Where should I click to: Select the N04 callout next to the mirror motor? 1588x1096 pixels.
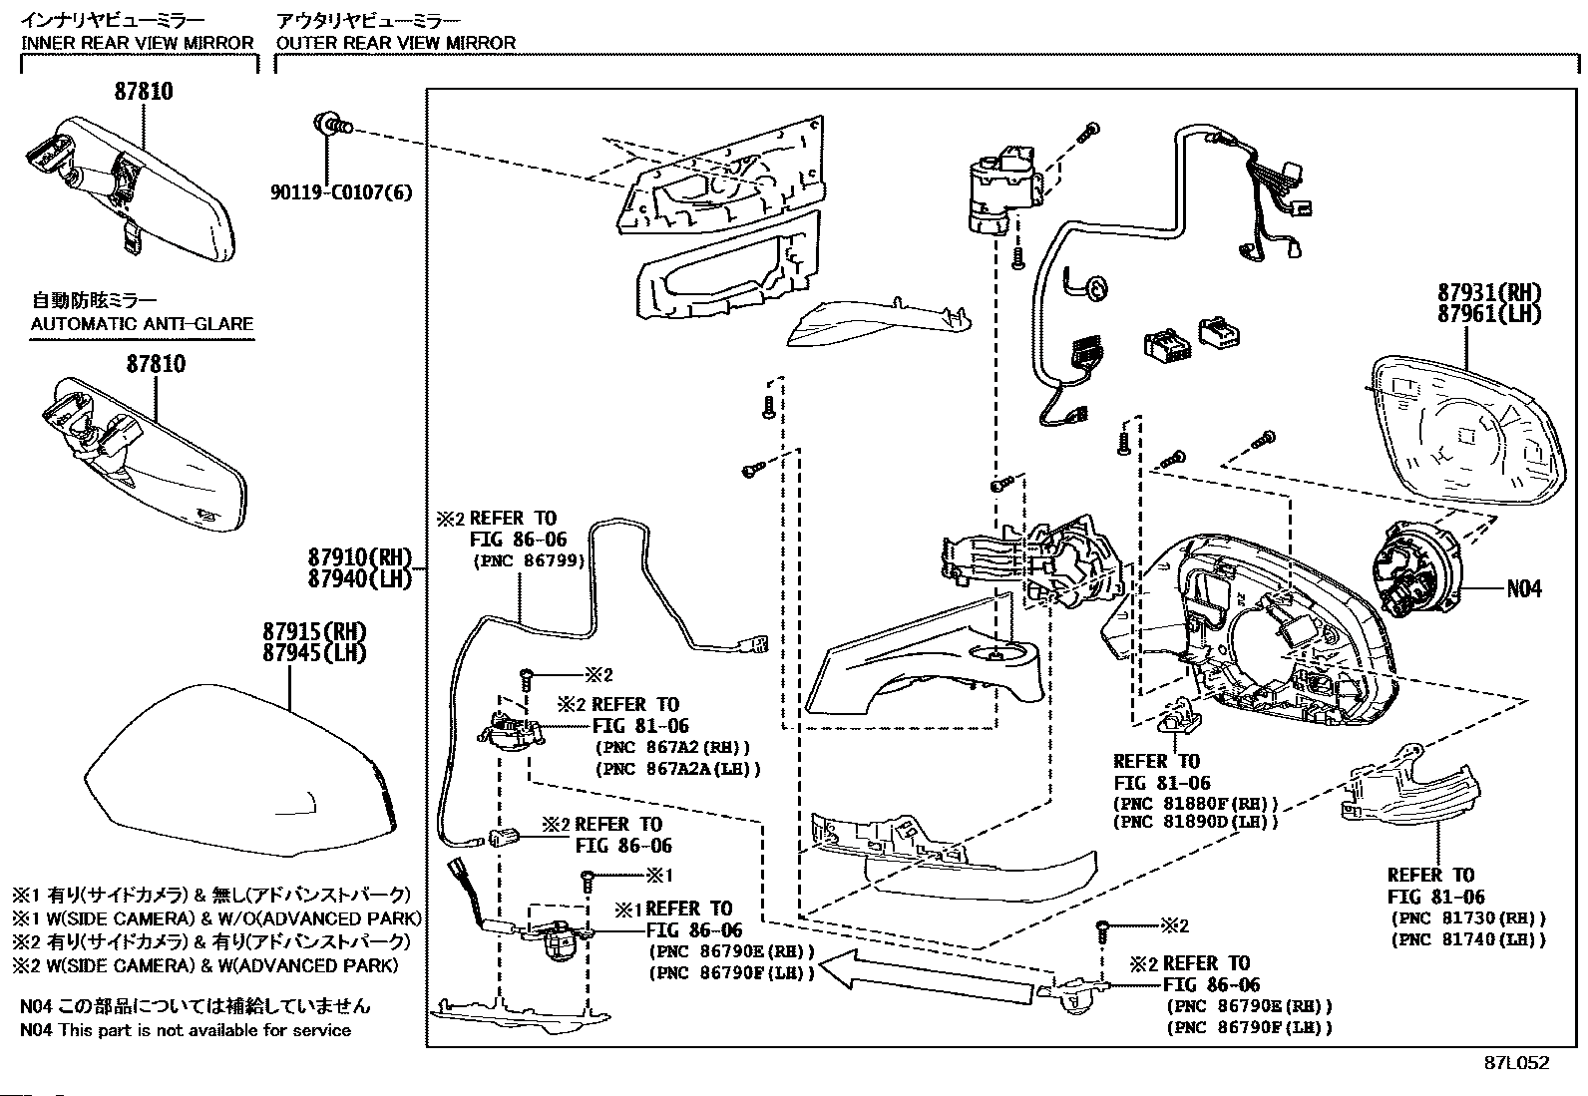pos(1523,588)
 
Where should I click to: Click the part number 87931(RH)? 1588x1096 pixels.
pos(1489,293)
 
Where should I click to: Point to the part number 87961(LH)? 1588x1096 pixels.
pos(1489,313)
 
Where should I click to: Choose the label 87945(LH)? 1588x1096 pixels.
pos(314,653)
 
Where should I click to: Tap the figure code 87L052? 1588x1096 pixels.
pos(1515,1063)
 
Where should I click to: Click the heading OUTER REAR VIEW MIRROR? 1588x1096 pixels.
pos(396,43)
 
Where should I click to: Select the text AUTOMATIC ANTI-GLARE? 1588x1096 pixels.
pos(142,324)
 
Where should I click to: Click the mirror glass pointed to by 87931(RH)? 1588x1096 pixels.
pos(1461,430)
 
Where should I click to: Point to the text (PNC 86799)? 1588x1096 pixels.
pos(528,561)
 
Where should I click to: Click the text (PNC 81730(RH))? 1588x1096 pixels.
pos(1467,918)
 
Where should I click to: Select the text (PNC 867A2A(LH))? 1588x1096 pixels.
pos(677,769)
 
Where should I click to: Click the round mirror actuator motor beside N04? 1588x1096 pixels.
pos(1415,569)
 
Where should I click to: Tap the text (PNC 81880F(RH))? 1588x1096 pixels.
pos(1195,803)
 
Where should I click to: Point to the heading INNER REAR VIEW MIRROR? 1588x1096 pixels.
pos(138,43)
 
